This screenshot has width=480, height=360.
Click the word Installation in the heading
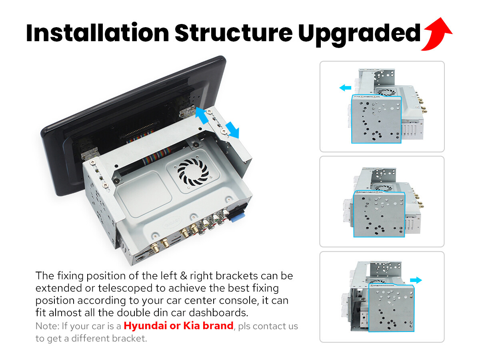[x=98, y=33]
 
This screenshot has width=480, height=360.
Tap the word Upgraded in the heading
[x=359, y=34]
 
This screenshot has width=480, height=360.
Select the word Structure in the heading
[x=234, y=33]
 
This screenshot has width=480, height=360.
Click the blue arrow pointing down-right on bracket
[x=232, y=130]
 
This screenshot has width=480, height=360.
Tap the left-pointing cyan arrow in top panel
[x=345, y=88]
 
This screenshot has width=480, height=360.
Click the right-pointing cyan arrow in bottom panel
[x=416, y=280]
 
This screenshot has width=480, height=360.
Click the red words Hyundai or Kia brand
[x=178, y=326]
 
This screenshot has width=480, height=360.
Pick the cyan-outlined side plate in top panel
[x=376, y=119]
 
